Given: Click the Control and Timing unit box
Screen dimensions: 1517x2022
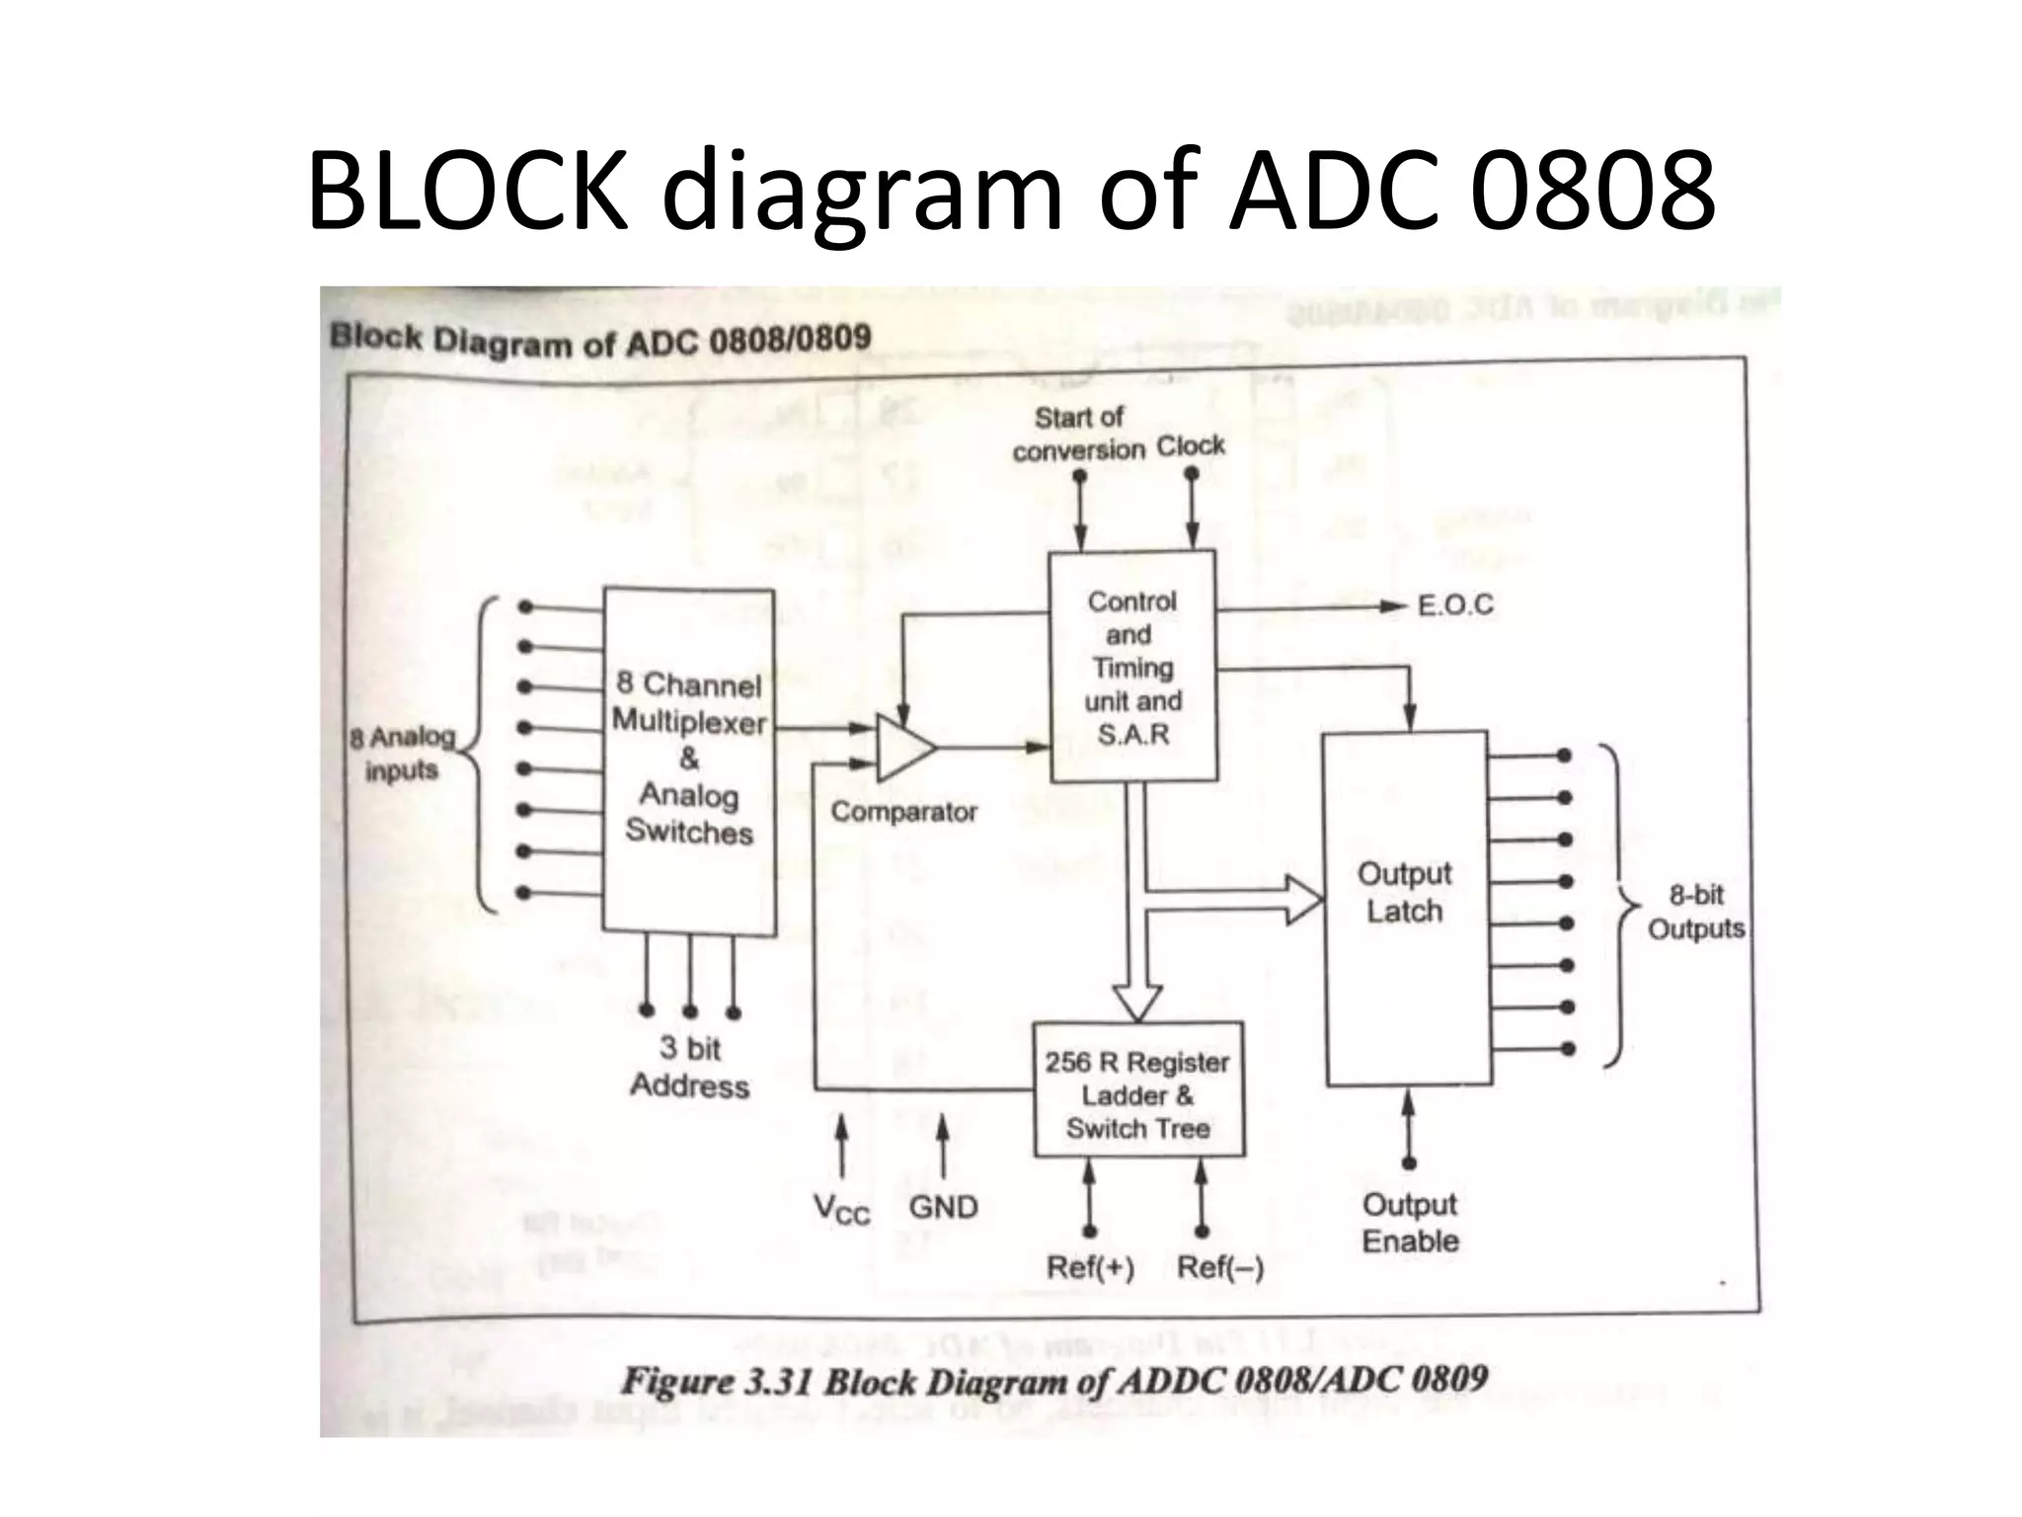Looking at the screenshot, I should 1131,667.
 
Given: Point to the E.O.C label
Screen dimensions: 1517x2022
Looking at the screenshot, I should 1455,604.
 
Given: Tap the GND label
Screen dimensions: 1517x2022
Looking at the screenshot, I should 943,1207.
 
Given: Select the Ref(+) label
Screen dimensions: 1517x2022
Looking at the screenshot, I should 1090,1267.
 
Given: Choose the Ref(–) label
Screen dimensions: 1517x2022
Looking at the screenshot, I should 1220,1267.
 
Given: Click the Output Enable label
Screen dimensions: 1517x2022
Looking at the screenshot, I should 1410,1223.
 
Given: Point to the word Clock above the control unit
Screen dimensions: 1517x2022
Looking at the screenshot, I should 1191,446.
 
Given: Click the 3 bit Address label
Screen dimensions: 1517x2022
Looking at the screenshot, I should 689,1068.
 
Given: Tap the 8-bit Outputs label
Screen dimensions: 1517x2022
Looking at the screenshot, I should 1695,912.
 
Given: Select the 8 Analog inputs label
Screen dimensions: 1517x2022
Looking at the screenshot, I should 402,754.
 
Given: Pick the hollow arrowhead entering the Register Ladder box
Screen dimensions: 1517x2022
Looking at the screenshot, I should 1137,1001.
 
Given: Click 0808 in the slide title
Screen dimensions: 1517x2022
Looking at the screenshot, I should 1592,190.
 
